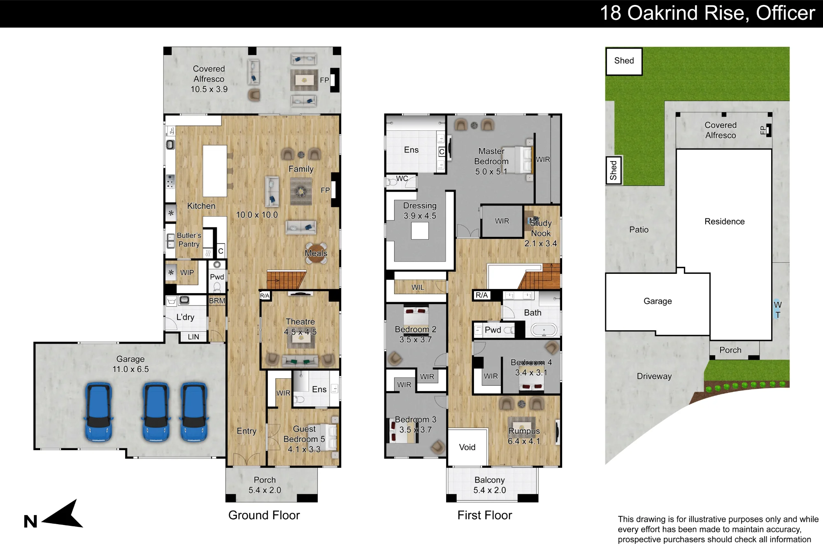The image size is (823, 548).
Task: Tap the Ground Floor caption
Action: (x=264, y=515)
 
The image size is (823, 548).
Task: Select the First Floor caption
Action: (x=485, y=515)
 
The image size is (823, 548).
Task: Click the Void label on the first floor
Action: (x=467, y=447)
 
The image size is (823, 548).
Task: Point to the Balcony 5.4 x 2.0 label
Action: (x=490, y=485)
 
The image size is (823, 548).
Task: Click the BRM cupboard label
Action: (x=217, y=301)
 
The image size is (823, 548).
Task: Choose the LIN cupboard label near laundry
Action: (x=193, y=337)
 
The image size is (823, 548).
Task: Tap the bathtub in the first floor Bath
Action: (x=544, y=330)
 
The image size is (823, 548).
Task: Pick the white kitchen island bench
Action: (x=215, y=171)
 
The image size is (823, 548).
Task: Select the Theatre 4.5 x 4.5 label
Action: (x=300, y=327)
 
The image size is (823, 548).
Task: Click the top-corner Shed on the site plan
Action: (x=624, y=61)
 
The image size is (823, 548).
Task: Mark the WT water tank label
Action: (x=778, y=310)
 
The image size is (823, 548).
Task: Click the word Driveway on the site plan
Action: (x=654, y=376)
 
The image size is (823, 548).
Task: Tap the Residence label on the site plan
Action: (x=725, y=222)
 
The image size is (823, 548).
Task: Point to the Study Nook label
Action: (x=541, y=228)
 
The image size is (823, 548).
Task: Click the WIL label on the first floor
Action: (x=418, y=287)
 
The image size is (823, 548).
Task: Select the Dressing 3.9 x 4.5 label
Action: (x=420, y=210)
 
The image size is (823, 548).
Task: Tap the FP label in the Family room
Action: (x=325, y=190)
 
